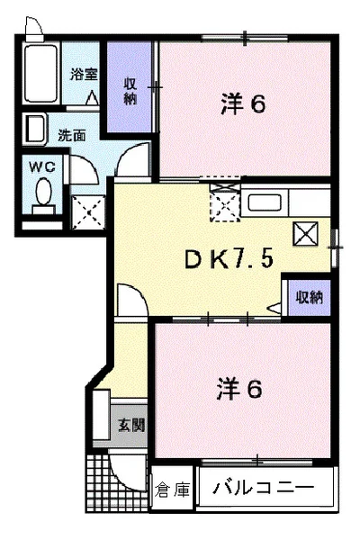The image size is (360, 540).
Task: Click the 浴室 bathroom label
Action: [84, 75]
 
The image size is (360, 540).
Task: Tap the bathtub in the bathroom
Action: [40, 73]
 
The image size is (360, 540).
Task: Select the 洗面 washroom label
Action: [72, 136]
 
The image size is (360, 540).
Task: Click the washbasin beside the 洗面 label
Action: [34, 129]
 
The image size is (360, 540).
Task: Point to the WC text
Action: [42, 167]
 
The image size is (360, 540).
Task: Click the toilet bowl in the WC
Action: [44, 192]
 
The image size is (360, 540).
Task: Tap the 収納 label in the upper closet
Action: [130, 91]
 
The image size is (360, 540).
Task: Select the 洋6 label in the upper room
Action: [243, 104]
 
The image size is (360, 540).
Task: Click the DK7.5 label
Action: [229, 258]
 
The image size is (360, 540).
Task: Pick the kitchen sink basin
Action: [265, 202]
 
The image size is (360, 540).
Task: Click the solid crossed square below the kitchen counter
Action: [306, 234]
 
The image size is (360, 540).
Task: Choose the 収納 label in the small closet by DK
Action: [310, 297]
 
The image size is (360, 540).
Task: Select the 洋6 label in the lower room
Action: [239, 389]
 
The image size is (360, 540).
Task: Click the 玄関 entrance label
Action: [131, 426]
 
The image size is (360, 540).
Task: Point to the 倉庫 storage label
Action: [172, 490]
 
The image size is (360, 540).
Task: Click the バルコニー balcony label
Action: [263, 488]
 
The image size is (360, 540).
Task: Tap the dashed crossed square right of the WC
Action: [88, 212]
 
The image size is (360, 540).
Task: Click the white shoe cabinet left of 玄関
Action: [102, 414]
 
